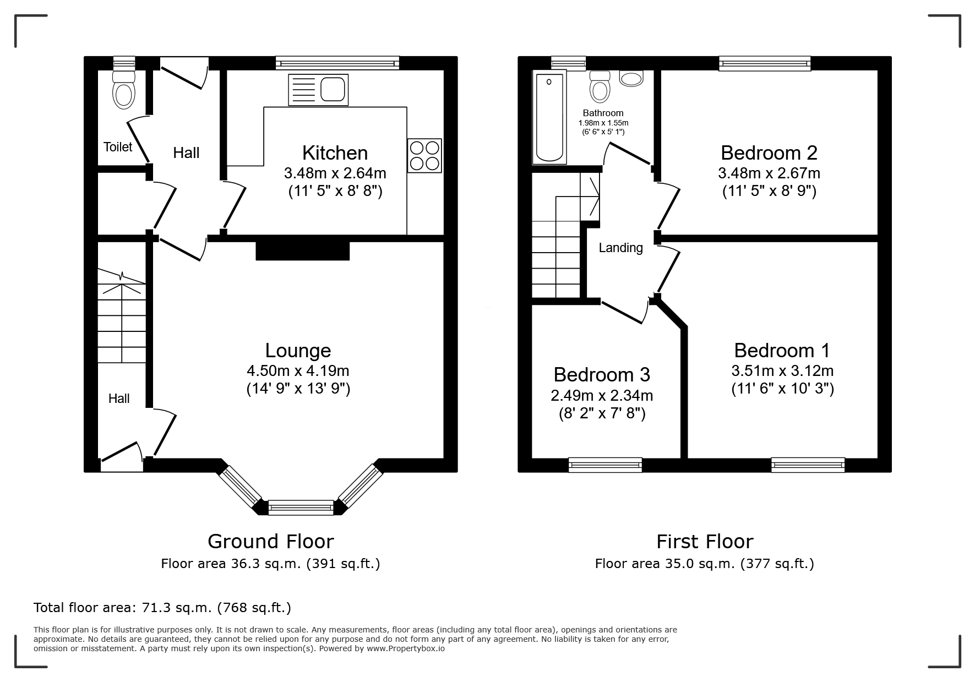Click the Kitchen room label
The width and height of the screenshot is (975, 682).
click(x=335, y=152)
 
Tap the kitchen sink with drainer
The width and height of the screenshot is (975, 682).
click(x=318, y=90)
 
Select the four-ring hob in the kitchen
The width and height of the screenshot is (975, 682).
click(x=424, y=156)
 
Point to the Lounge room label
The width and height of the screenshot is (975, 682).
click(x=298, y=351)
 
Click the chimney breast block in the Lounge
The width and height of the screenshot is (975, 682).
click(x=303, y=250)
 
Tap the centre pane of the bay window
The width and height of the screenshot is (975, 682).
click(x=301, y=507)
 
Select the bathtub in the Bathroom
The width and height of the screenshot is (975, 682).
click(x=549, y=117)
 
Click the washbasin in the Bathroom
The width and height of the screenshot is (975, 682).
click(x=631, y=78)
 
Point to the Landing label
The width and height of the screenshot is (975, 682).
click(x=620, y=248)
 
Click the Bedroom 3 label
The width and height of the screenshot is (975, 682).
click(x=602, y=375)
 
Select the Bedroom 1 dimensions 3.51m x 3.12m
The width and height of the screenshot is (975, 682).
click(x=782, y=370)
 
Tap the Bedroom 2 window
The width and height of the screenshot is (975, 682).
click(x=765, y=64)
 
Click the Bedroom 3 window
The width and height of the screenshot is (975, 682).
click(x=605, y=465)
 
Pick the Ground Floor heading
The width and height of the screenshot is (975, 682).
click(x=271, y=542)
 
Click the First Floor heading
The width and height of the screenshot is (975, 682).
click(x=705, y=542)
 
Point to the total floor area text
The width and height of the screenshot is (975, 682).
click(x=162, y=608)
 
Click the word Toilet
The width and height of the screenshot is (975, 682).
click(x=118, y=147)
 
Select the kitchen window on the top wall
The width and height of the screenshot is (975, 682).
click(x=337, y=63)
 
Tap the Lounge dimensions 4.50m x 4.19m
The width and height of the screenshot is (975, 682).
click(x=298, y=370)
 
